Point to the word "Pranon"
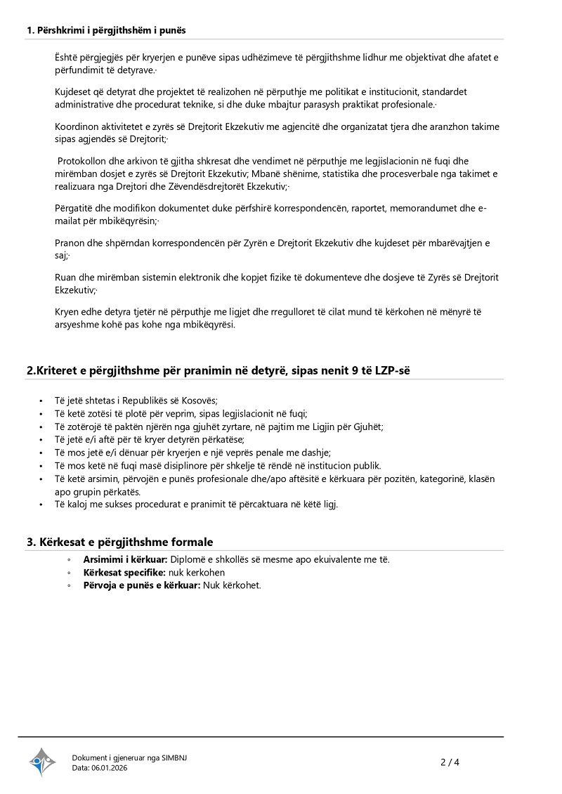70,243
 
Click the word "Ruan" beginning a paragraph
65,278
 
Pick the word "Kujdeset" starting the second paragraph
72,92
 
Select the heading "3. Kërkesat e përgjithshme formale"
119,542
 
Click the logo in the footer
41,761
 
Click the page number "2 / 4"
450,762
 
